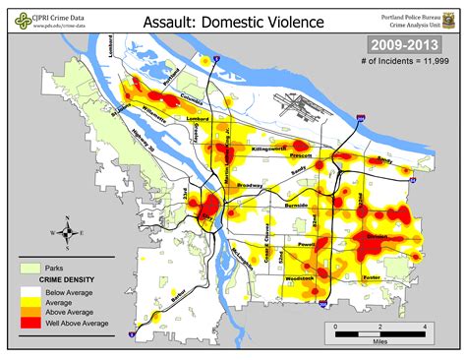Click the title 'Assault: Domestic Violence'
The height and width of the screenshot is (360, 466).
coord(233,21)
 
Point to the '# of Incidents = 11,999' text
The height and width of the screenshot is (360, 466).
coord(405,62)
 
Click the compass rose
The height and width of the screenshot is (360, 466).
coord(67,233)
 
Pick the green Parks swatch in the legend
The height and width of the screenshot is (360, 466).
coord(29,268)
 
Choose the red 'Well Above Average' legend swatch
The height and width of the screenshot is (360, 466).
coord(29,324)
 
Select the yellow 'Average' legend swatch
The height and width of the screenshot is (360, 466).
coord(29,301)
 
